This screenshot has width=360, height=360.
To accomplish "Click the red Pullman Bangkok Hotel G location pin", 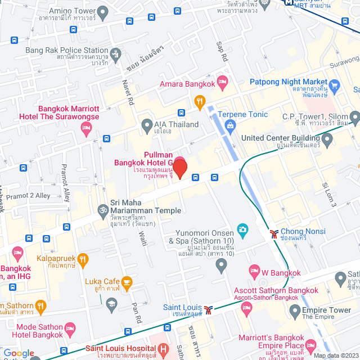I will click(179, 168).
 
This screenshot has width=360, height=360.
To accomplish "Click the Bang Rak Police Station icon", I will click(116, 54).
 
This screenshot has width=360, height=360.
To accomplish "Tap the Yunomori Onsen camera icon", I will click(242, 228).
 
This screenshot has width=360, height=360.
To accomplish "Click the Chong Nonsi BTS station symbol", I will click(273, 233).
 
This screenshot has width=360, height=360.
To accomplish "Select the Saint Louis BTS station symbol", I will click(209, 309).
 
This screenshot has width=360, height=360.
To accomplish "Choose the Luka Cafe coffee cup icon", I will click(127, 281).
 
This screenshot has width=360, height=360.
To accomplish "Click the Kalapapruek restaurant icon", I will click(83, 259).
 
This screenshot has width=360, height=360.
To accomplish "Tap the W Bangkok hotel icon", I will click(254, 271).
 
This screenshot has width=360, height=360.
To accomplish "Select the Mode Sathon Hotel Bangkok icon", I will click(70, 328).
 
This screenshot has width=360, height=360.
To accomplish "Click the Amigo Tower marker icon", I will click(102, 11).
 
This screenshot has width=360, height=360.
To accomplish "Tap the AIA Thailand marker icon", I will click(147, 124).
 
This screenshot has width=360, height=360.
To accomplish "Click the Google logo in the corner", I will click(18, 353).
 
